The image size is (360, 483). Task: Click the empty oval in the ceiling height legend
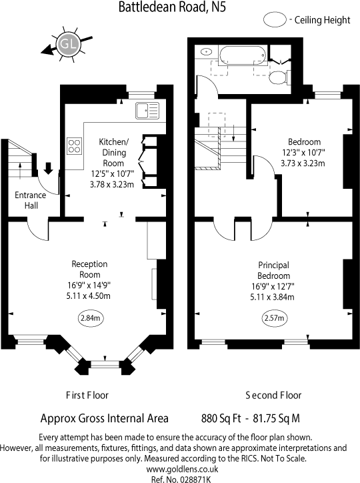tap(273, 20)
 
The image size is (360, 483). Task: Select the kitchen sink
tap(145, 110)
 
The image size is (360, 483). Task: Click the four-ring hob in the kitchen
tap(75, 147)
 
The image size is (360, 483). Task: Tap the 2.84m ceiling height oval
tap(90, 318)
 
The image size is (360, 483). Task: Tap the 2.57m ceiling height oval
tap(273, 318)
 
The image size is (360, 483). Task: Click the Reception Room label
tap(90, 269)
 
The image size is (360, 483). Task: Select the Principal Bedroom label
tap(273, 270)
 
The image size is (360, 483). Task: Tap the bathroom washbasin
tap(206, 51)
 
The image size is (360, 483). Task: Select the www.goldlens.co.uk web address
tap(180, 470)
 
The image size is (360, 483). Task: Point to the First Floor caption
tap(88, 394)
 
